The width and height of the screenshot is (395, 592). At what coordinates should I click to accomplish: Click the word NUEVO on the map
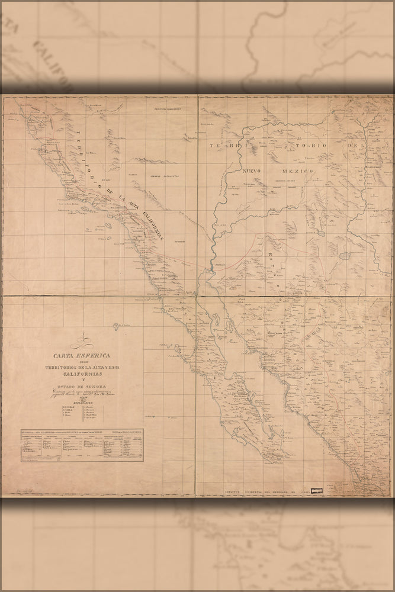[x=253, y=170]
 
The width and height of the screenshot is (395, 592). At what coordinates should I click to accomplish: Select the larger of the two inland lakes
[x=320, y=233]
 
